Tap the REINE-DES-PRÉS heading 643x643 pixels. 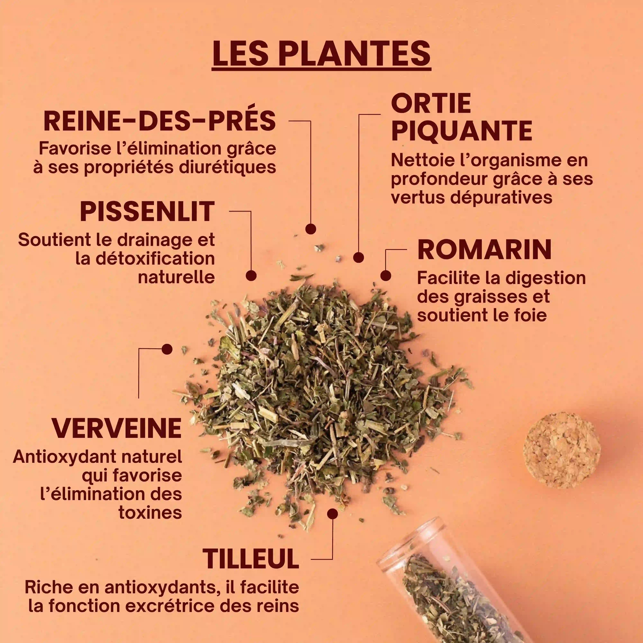coord(160,121)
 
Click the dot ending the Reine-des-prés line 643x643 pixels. coord(311,229)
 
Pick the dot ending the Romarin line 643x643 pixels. coord(385,276)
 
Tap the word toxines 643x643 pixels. coord(150,512)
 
